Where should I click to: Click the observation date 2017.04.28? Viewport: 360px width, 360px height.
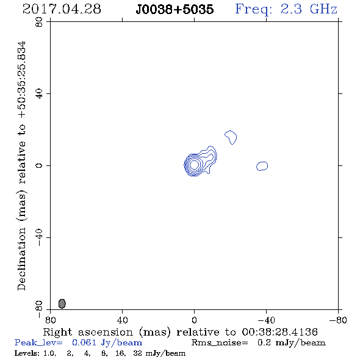[x=62, y=9]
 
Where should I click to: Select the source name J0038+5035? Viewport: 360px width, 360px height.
[x=175, y=9]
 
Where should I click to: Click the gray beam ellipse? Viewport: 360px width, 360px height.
[x=62, y=303]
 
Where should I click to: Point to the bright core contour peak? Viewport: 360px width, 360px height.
[x=194, y=164]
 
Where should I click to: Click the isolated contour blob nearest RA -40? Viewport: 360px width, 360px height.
[x=262, y=166]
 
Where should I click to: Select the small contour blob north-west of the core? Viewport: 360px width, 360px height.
[x=231, y=137]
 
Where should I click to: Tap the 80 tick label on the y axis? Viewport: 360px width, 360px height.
[x=39, y=22]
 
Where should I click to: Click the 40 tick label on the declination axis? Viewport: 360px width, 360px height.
[x=39, y=94]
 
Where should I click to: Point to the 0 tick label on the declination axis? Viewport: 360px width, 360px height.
[x=39, y=165]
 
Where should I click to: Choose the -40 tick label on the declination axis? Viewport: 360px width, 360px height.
[x=39, y=237]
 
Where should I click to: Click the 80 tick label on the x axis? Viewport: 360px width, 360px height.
[x=50, y=320]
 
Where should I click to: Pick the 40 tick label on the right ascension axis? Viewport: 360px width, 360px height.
[x=122, y=320]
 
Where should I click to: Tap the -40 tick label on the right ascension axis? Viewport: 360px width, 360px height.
[x=266, y=320]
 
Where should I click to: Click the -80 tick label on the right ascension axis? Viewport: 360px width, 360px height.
[x=338, y=320]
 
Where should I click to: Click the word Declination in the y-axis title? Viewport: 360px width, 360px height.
[x=21, y=259]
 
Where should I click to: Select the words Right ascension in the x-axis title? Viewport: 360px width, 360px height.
[x=88, y=332]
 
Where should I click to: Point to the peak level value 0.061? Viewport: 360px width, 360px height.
[x=84, y=342]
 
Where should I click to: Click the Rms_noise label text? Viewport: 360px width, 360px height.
[x=220, y=342]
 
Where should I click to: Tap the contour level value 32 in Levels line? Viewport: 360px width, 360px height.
[x=137, y=353]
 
